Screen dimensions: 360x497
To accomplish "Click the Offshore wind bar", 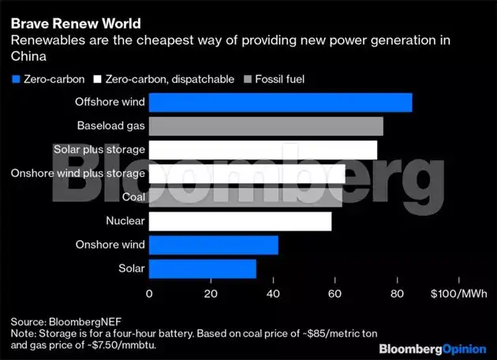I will (x=280, y=103).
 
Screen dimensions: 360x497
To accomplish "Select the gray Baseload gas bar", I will (x=266, y=126).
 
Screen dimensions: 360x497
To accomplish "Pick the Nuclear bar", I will (x=240, y=221).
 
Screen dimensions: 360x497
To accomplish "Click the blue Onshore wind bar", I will (x=213, y=245).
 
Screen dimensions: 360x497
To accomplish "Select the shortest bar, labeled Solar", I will (x=202, y=268).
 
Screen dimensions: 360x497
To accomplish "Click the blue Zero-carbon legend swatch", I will (x=15, y=79).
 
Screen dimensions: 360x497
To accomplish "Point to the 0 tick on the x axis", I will (x=149, y=294).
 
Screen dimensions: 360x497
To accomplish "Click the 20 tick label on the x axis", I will (x=211, y=294).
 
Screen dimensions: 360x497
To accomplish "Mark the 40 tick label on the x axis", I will (x=273, y=294).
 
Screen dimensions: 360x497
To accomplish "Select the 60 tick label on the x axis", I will (x=334, y=294).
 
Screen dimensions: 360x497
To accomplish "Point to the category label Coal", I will (x=133, y=197).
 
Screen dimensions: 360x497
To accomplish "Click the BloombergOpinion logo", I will (x=432, y=348).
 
